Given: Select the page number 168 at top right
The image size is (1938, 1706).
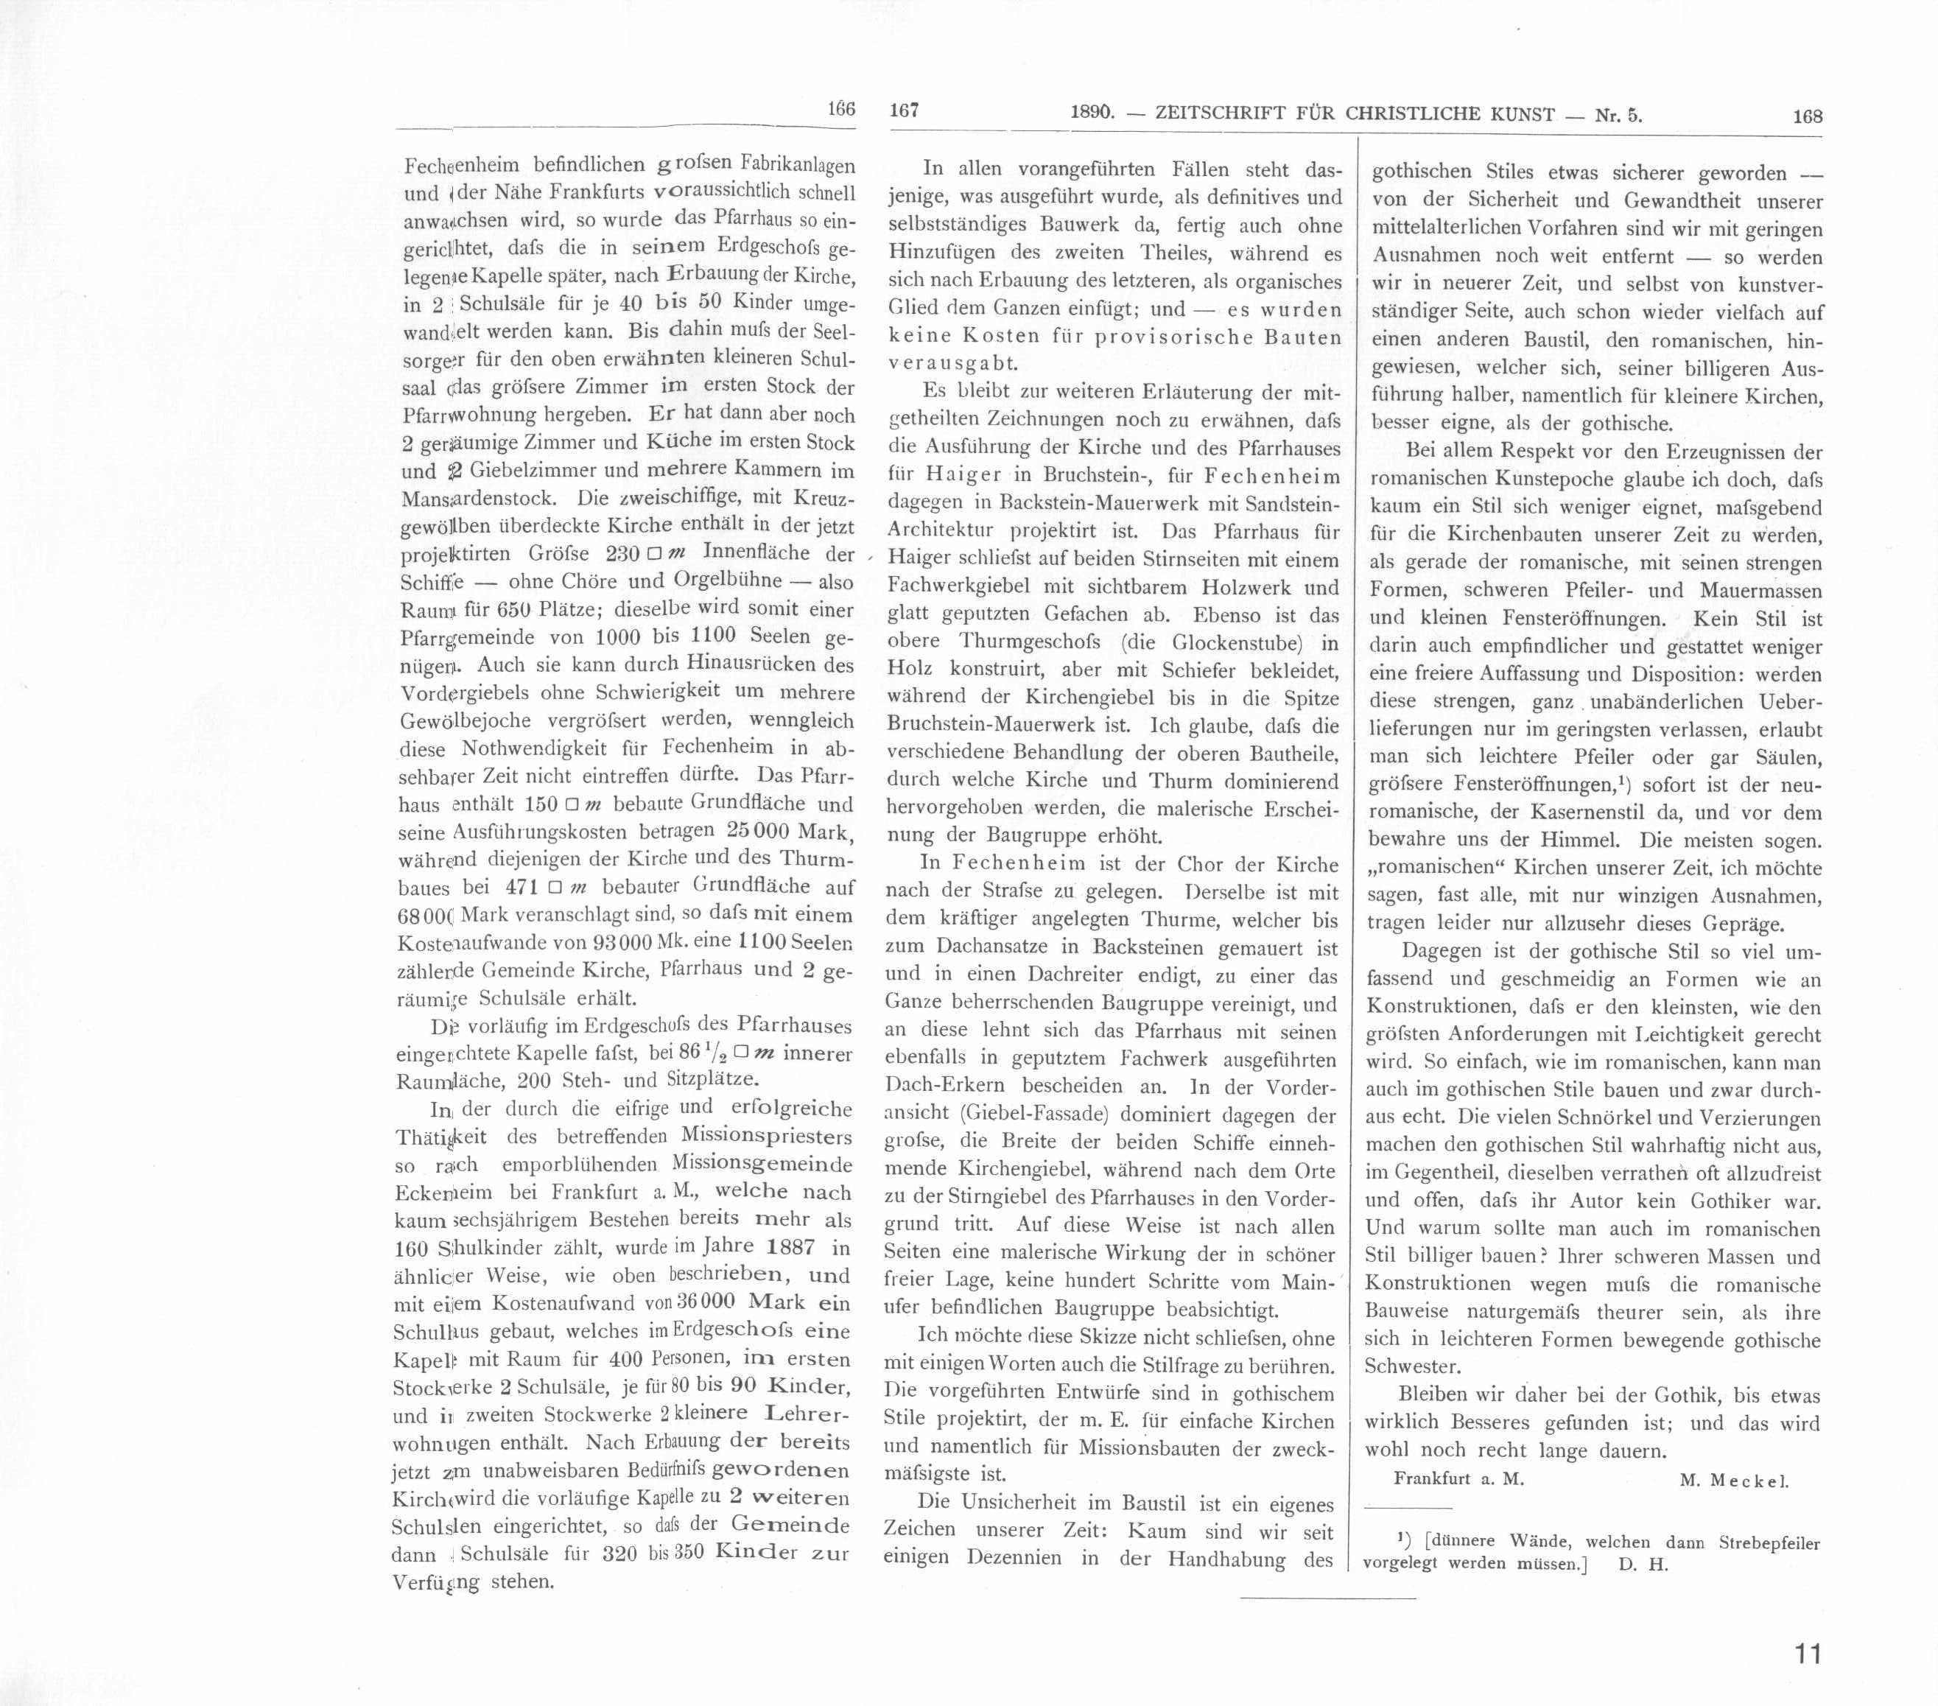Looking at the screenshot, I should coord(1807,116).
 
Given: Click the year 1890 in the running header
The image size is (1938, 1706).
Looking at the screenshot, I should coord(1090,113).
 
